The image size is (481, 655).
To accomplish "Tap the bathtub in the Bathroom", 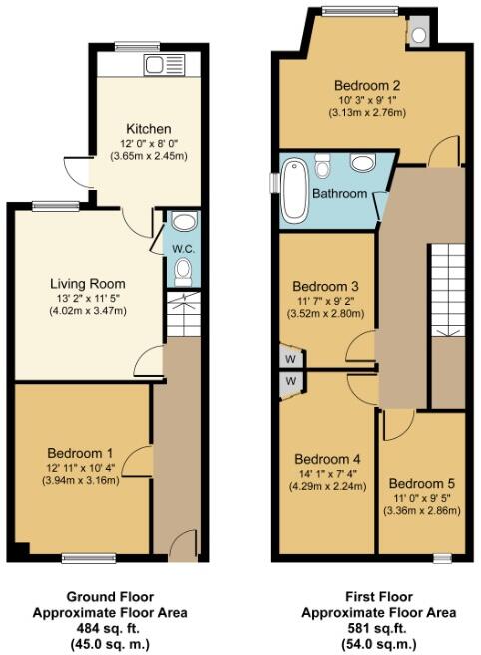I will [x=294, y=189].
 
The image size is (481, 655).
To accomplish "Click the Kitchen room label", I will [x=148, y=129].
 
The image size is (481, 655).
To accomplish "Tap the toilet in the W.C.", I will [x=183, y=270].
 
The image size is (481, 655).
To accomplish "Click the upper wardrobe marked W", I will [x=291, y=358].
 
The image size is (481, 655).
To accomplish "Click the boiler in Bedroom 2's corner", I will [x=418, y=33].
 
